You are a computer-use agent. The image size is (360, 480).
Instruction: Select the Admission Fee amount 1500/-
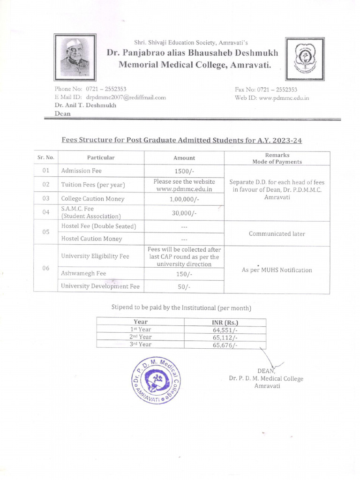click(184, 171)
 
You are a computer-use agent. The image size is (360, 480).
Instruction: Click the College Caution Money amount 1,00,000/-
click(184, 199)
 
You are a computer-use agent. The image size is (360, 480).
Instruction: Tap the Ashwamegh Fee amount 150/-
click(184, 274)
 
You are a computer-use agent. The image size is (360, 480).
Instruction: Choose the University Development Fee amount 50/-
click(184, 286)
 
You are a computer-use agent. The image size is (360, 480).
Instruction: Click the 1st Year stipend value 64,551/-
click(225, 330)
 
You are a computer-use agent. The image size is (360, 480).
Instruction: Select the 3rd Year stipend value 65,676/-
click(225, 345)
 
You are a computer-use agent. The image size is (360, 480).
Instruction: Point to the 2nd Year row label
click(140, 337)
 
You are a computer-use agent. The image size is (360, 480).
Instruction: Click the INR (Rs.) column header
click(225, 322)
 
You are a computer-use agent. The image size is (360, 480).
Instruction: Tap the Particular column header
click(101, 158)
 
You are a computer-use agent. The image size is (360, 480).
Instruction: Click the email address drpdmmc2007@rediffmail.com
click(126, 97)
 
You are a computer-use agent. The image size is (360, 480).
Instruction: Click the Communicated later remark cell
click(277, 233)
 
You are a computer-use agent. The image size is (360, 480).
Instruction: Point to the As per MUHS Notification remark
click(277, 270)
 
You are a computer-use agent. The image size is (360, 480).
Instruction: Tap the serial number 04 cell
click(46, 212)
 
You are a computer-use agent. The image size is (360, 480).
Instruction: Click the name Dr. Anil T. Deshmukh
click(85, 105)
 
